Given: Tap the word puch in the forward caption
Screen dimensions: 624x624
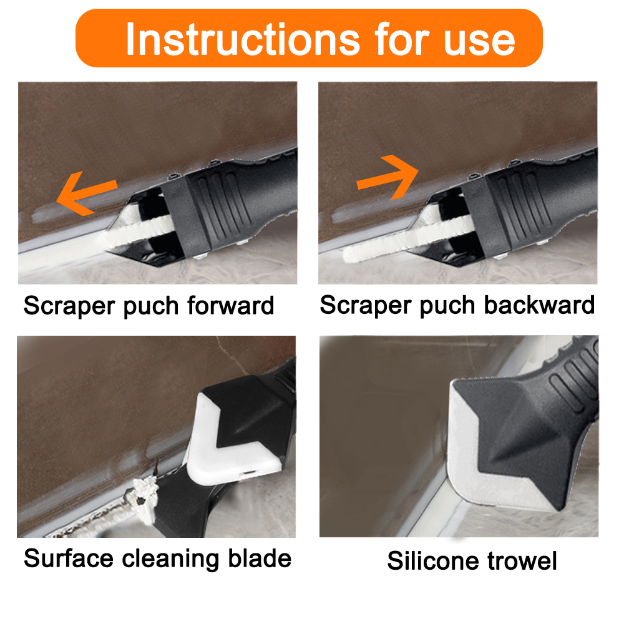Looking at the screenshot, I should click(145, 306).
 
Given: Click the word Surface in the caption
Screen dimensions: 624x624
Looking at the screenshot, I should click(69, 558).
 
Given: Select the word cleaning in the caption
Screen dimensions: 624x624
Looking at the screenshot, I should click(175, 558).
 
